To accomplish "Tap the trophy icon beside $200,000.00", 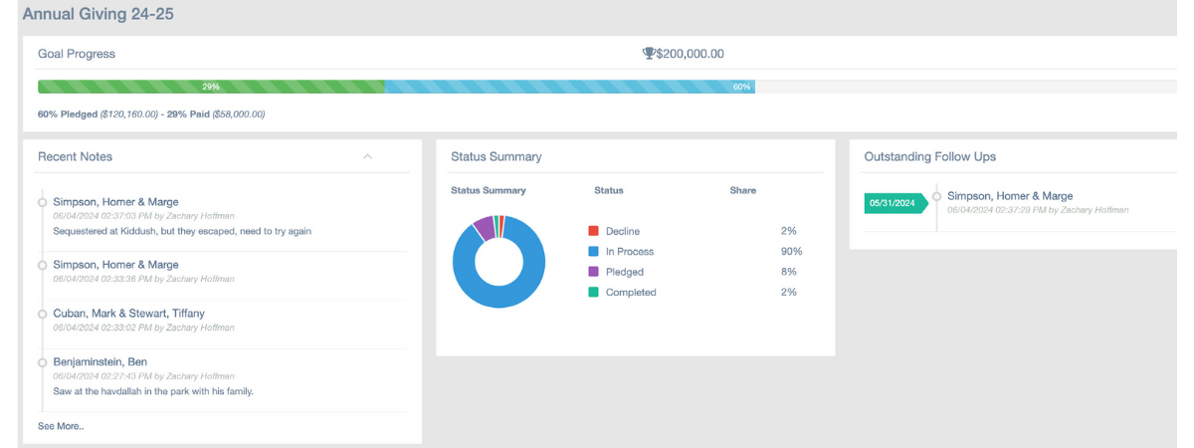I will [x=649, y=54].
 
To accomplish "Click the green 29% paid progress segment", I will [x=211, y=87].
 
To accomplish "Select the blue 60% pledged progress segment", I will [x=569, y=87].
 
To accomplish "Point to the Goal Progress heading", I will [x=77, y=54].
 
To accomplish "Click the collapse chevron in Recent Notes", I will [x=367, y=156].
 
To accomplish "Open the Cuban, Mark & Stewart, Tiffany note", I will [x=128, y=314].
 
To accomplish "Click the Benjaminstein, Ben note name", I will [x=99, y=361].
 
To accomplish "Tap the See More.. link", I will [x=61, y=426].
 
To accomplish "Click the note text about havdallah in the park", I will [x=153, y=391].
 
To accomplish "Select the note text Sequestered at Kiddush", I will [x=181, y=231].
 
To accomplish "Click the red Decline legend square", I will [x=594, y=231].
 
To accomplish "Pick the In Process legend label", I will [x=629, y=252].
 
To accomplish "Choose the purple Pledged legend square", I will [x=594, y=272].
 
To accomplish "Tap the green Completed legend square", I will [x=594, y=293].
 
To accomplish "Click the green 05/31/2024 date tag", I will [x=893, y=203].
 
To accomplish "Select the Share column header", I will [x=742, y=190].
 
